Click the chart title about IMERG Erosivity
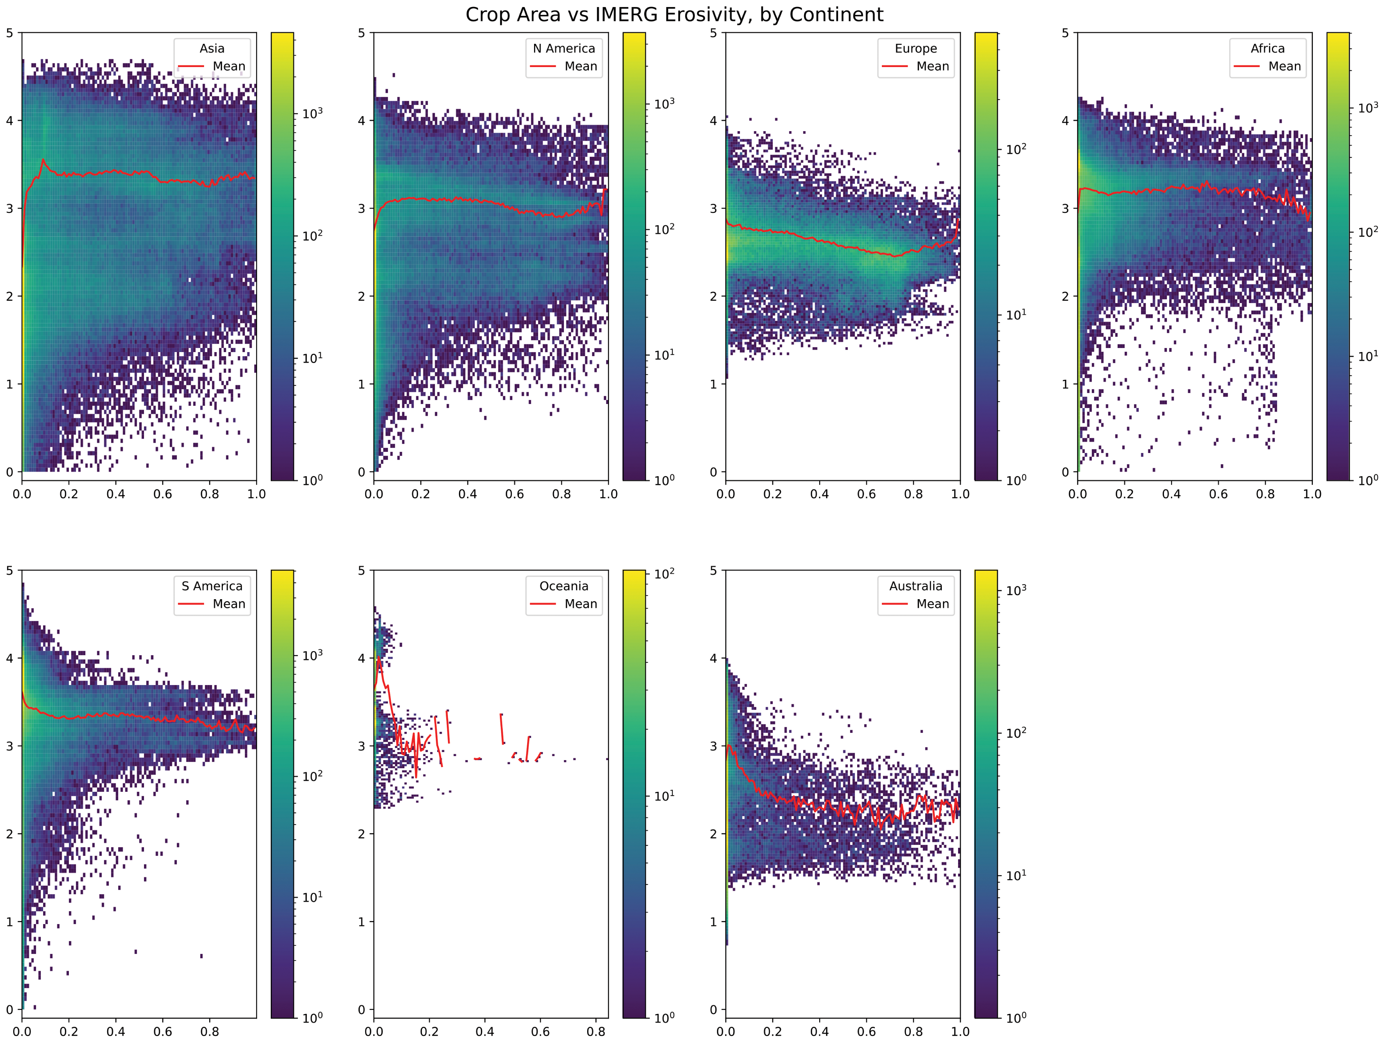tap(674, 14)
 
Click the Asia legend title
tap(212, 48)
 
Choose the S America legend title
tap(212, 586)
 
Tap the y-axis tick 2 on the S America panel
tap(9, 834)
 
